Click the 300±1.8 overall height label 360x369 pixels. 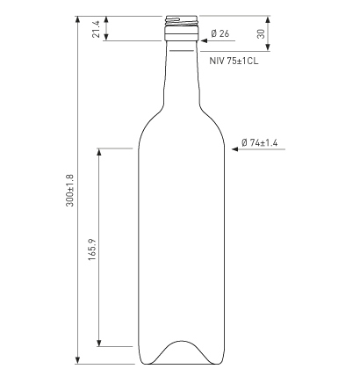(70, 191)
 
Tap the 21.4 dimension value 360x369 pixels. (96, 29)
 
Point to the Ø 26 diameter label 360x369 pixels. (220, 33)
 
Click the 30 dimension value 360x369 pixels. (261, 33)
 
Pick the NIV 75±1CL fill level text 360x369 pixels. (234, 61)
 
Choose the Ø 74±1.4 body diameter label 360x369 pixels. (260, 143)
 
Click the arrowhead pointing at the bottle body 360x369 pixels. (234, 149)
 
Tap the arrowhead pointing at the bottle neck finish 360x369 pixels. (204, 40)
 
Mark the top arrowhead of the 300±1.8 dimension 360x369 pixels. (77, 19)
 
